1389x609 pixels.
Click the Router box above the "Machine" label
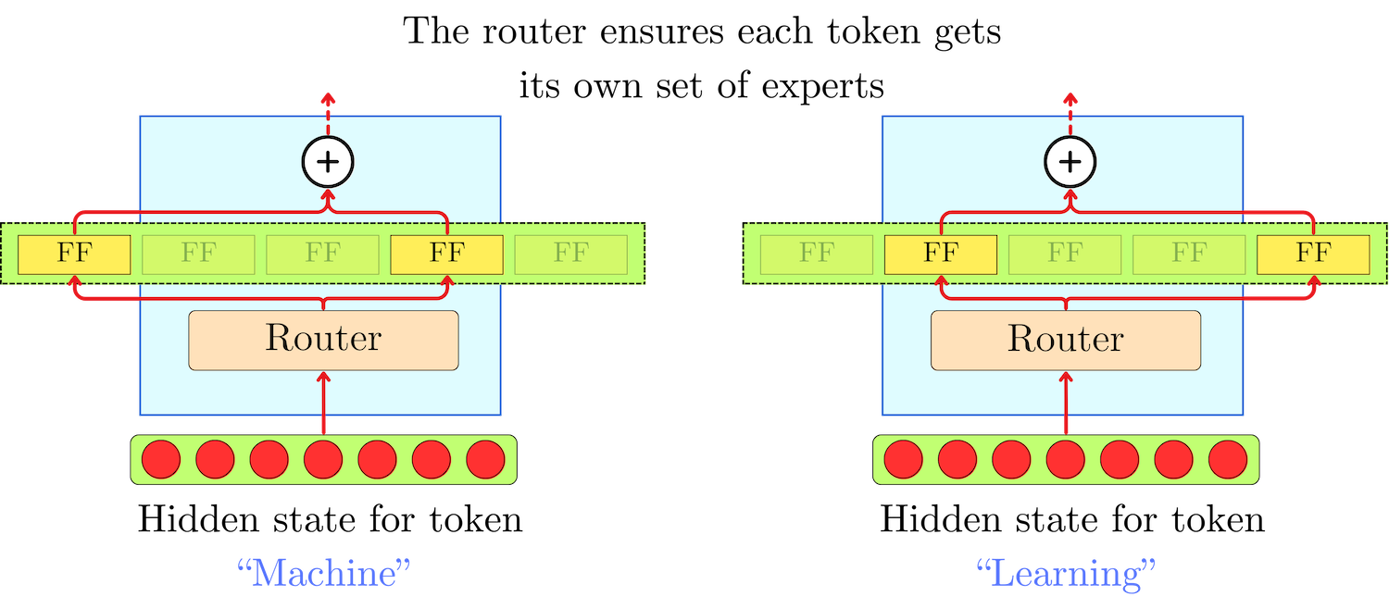[x=323, y=340]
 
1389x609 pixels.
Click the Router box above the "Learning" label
[x=1066, y=340]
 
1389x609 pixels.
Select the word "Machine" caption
[x=323, y=574]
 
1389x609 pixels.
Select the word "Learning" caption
[x=1066, y=574]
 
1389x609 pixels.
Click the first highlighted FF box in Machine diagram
[x=74, y=255]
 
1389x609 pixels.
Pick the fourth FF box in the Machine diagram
[x=446, y=255]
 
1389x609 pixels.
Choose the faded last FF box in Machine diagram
[x=570, y=255]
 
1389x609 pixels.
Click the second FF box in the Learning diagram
[x=941, y=255]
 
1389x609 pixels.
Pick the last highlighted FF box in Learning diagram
[x=1313, y=255]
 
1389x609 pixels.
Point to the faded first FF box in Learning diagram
[x=817, y=255]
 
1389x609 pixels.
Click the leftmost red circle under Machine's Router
[x=161, y=459]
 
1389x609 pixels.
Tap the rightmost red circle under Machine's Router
[x=485, y=459]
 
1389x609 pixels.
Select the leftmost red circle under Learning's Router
[x=904, y=459]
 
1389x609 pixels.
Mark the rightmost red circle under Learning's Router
[x=1228, y=459]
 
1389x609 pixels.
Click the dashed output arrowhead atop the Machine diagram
[x=328, y=97]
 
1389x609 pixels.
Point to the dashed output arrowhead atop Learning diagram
[x=1070, y=97]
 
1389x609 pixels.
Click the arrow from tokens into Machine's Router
[x=323, y=403]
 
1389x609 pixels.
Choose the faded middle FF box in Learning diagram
[x=1065, y=255]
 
